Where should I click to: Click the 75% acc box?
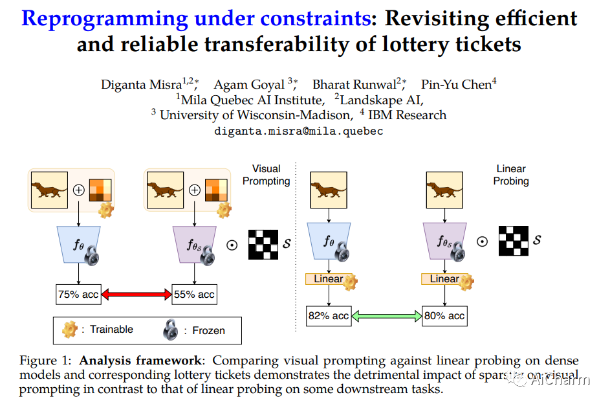point(78,295)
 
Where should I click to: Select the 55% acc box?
point(194,295)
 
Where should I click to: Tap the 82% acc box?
point(329,316)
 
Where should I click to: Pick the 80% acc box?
point(444,316)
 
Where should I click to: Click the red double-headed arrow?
point(136,295)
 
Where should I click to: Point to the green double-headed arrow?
point(386,316)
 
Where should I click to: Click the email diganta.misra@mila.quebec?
point(298,131)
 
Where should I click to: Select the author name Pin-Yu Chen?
point(456,85)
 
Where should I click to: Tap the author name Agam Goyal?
point(249,85)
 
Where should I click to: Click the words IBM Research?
point(412,115)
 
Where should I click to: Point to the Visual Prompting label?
point(266,175)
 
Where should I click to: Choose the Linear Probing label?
point(511,175)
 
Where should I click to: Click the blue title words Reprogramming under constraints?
point(194,17)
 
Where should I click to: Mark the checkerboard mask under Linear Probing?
point(514,240)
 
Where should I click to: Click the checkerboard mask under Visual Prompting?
point(264,244)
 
